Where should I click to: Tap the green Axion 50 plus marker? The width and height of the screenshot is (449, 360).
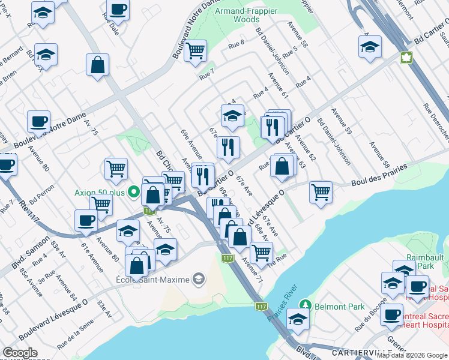click(x=134, y=193)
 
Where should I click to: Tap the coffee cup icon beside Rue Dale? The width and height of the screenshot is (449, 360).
click(x=118, y=9)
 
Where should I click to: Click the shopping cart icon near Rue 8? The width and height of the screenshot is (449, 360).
click(x=195, y=51)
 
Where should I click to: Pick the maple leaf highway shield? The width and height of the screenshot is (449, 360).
click(x=406, y=58)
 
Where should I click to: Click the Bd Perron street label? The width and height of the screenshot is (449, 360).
click(x=41, y=191)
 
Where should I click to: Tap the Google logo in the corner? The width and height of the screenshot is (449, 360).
click(x=20, y=353)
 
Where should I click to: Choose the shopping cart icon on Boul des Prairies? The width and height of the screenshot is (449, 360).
click(x=321, y=192)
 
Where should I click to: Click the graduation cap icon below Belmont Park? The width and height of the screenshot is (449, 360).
click(x=297, y=319)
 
